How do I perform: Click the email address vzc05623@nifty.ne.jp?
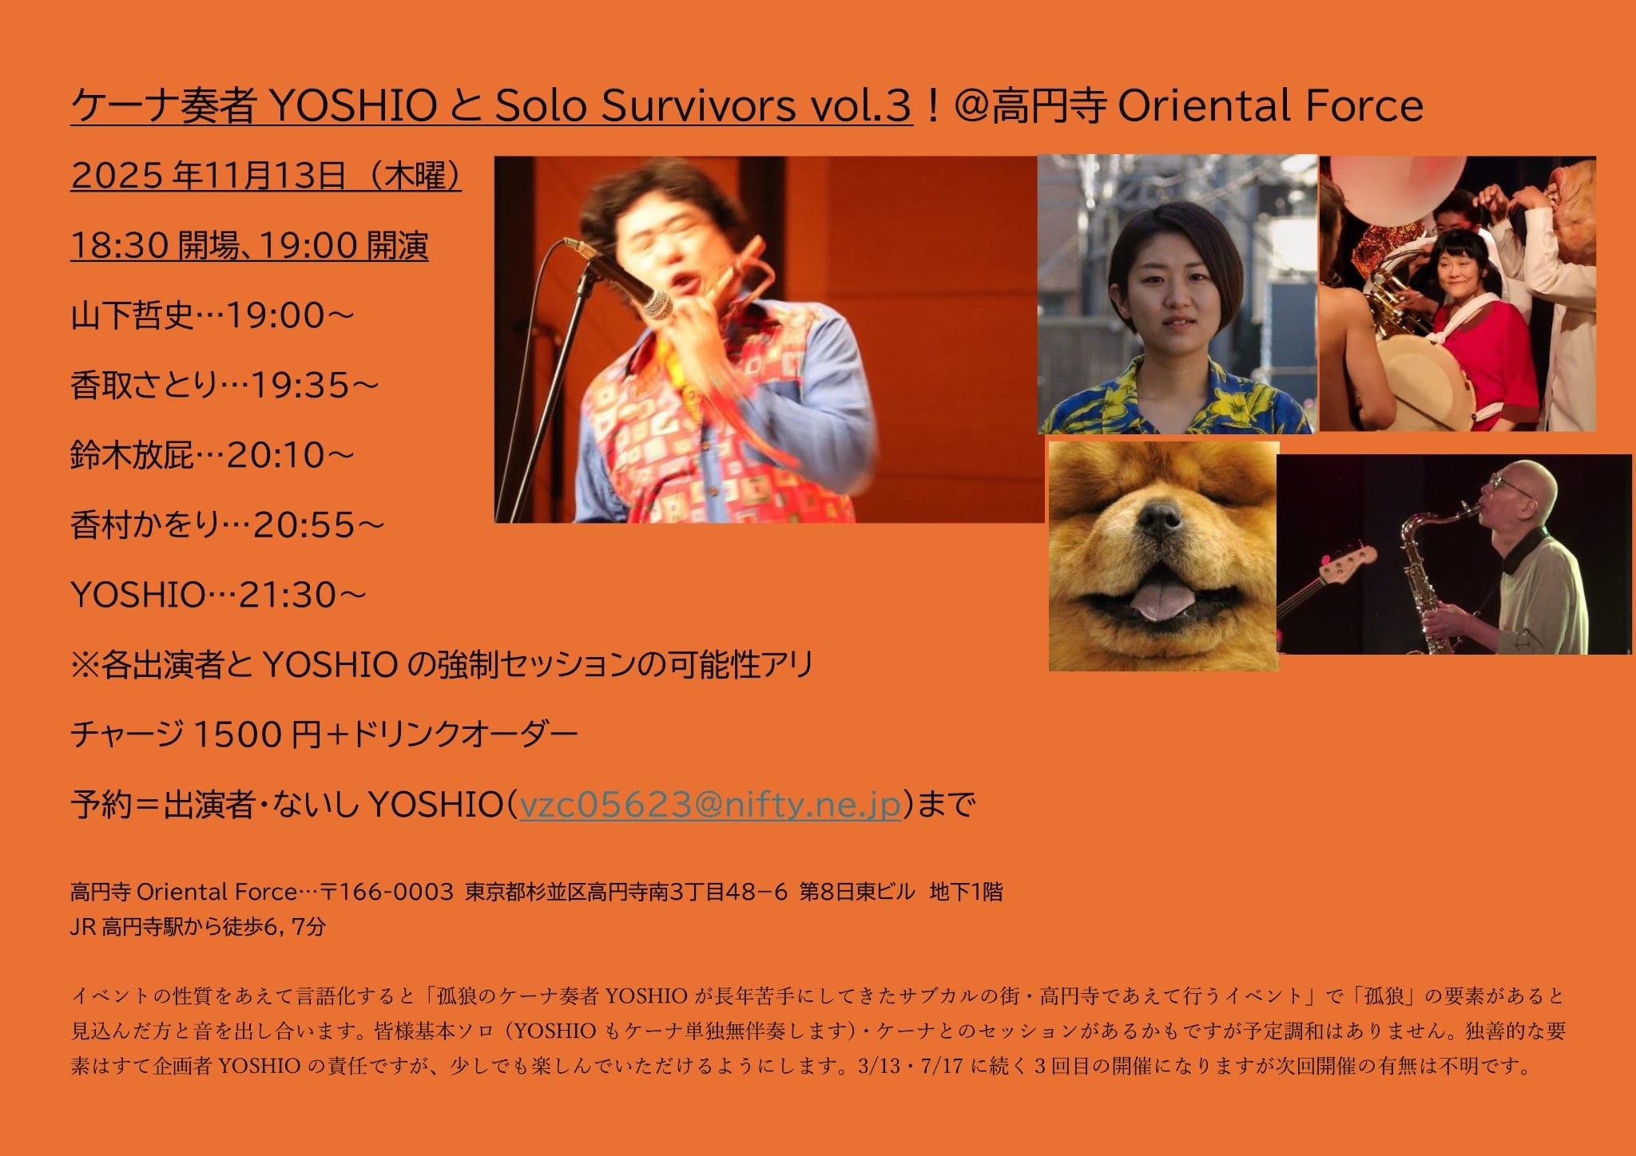coord(710,804)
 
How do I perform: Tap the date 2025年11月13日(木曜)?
coord(266,176)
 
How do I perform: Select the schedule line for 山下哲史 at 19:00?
coord(212,316)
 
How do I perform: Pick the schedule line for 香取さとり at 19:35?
coord(224,386)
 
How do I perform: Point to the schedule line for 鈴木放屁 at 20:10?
coord(212,456)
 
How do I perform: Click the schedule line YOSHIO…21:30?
coord(218,595)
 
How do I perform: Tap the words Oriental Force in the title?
coord(1270,106)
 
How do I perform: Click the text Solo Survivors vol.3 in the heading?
coord(703,106)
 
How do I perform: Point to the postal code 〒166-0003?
coord(387,891)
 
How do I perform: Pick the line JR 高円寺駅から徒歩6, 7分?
coord(198,927)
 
